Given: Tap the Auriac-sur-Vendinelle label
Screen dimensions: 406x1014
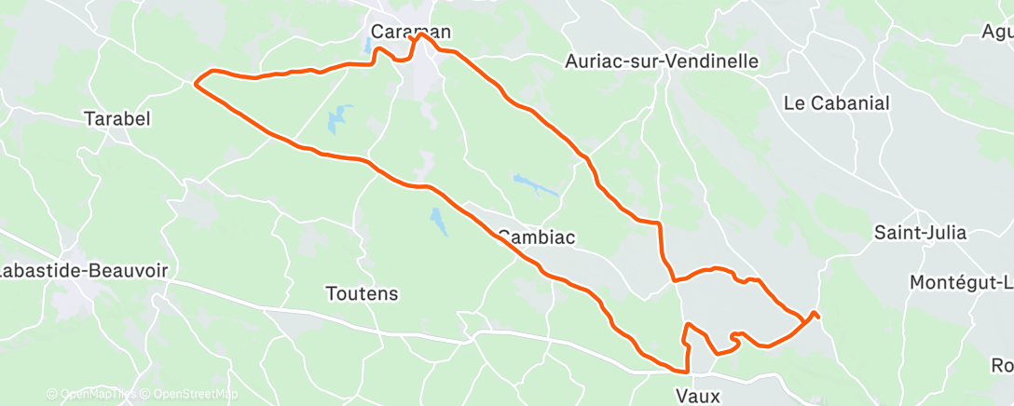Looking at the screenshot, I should click(662, 61).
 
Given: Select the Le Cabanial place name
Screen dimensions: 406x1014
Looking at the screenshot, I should click(837, 102).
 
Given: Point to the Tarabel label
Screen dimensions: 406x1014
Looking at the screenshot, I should click(116, 118).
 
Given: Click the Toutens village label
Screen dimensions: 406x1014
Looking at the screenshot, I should click(362, 293).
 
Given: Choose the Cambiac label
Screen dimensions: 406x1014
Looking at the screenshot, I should click(536, 237).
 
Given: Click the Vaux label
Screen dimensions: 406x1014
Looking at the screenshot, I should click(698, 396).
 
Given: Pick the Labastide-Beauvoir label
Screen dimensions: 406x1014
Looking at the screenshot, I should click(84, 270).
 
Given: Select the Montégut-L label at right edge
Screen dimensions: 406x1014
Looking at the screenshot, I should click(960, 282).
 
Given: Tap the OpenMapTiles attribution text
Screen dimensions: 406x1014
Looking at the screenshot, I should click(93, 395).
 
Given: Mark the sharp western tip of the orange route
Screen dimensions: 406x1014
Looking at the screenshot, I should click(195, 84).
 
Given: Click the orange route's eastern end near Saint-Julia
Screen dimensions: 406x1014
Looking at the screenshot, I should click(816, 313).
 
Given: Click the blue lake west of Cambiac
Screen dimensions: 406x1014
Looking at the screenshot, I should click(437, 221).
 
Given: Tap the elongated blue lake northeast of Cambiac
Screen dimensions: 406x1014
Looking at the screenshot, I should click(535, 184).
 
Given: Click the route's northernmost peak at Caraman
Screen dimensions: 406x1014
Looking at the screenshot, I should click(421, 35).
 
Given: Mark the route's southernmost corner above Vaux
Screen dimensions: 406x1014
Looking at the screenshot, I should click(687, 372).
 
